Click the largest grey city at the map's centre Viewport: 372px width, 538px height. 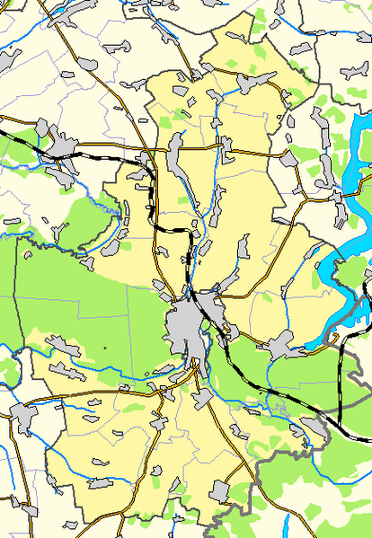(188, 319)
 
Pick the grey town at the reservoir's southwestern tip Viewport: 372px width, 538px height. (282, 343)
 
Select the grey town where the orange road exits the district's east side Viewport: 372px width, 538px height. (288, 159)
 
